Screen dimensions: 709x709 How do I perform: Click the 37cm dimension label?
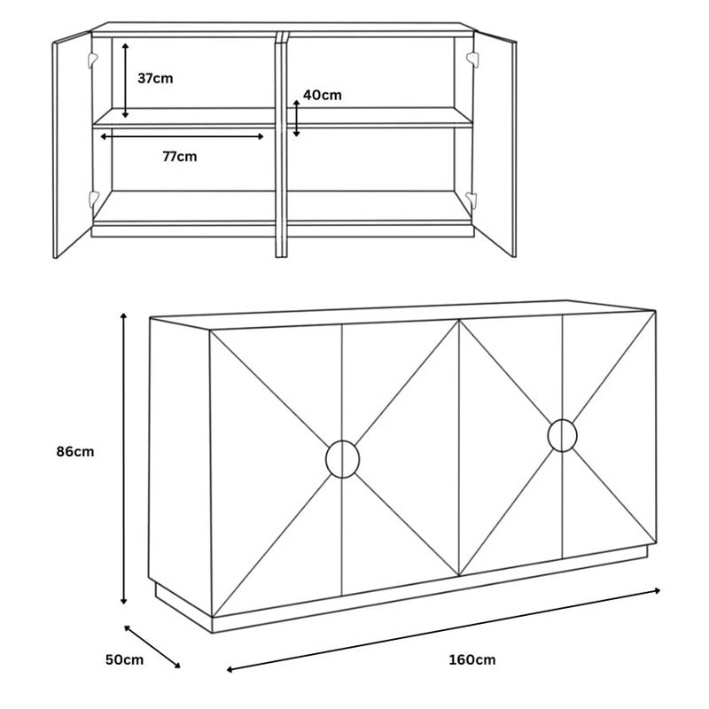[155, 78]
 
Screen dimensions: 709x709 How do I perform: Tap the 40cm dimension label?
[323, 95]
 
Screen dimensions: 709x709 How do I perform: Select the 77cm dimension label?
[180, 157]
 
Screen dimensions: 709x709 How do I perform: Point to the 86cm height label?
[75, 451]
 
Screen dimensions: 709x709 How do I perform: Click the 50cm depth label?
[124, 659]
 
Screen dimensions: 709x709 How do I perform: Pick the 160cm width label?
[472, 659]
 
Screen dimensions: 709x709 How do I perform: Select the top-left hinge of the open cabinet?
[93, 59]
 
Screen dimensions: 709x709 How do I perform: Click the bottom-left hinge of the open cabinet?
[94, 199]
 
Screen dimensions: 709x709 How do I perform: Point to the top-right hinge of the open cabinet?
[472, 59]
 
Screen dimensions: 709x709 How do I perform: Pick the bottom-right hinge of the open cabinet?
[471, 199]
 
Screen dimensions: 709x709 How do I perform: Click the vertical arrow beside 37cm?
[125, 81]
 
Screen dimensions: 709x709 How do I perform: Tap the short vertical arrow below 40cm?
[296, 119]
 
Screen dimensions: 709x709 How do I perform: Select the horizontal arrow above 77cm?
[182, 136]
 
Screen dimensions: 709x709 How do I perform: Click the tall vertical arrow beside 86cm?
[123, 458]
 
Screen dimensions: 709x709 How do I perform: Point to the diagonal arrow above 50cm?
[152, 647]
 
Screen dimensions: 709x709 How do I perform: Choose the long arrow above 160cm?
[443, 630]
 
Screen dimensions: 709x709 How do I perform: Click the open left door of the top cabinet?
[73, 144]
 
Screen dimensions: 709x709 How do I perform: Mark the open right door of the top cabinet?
[495, 144]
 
